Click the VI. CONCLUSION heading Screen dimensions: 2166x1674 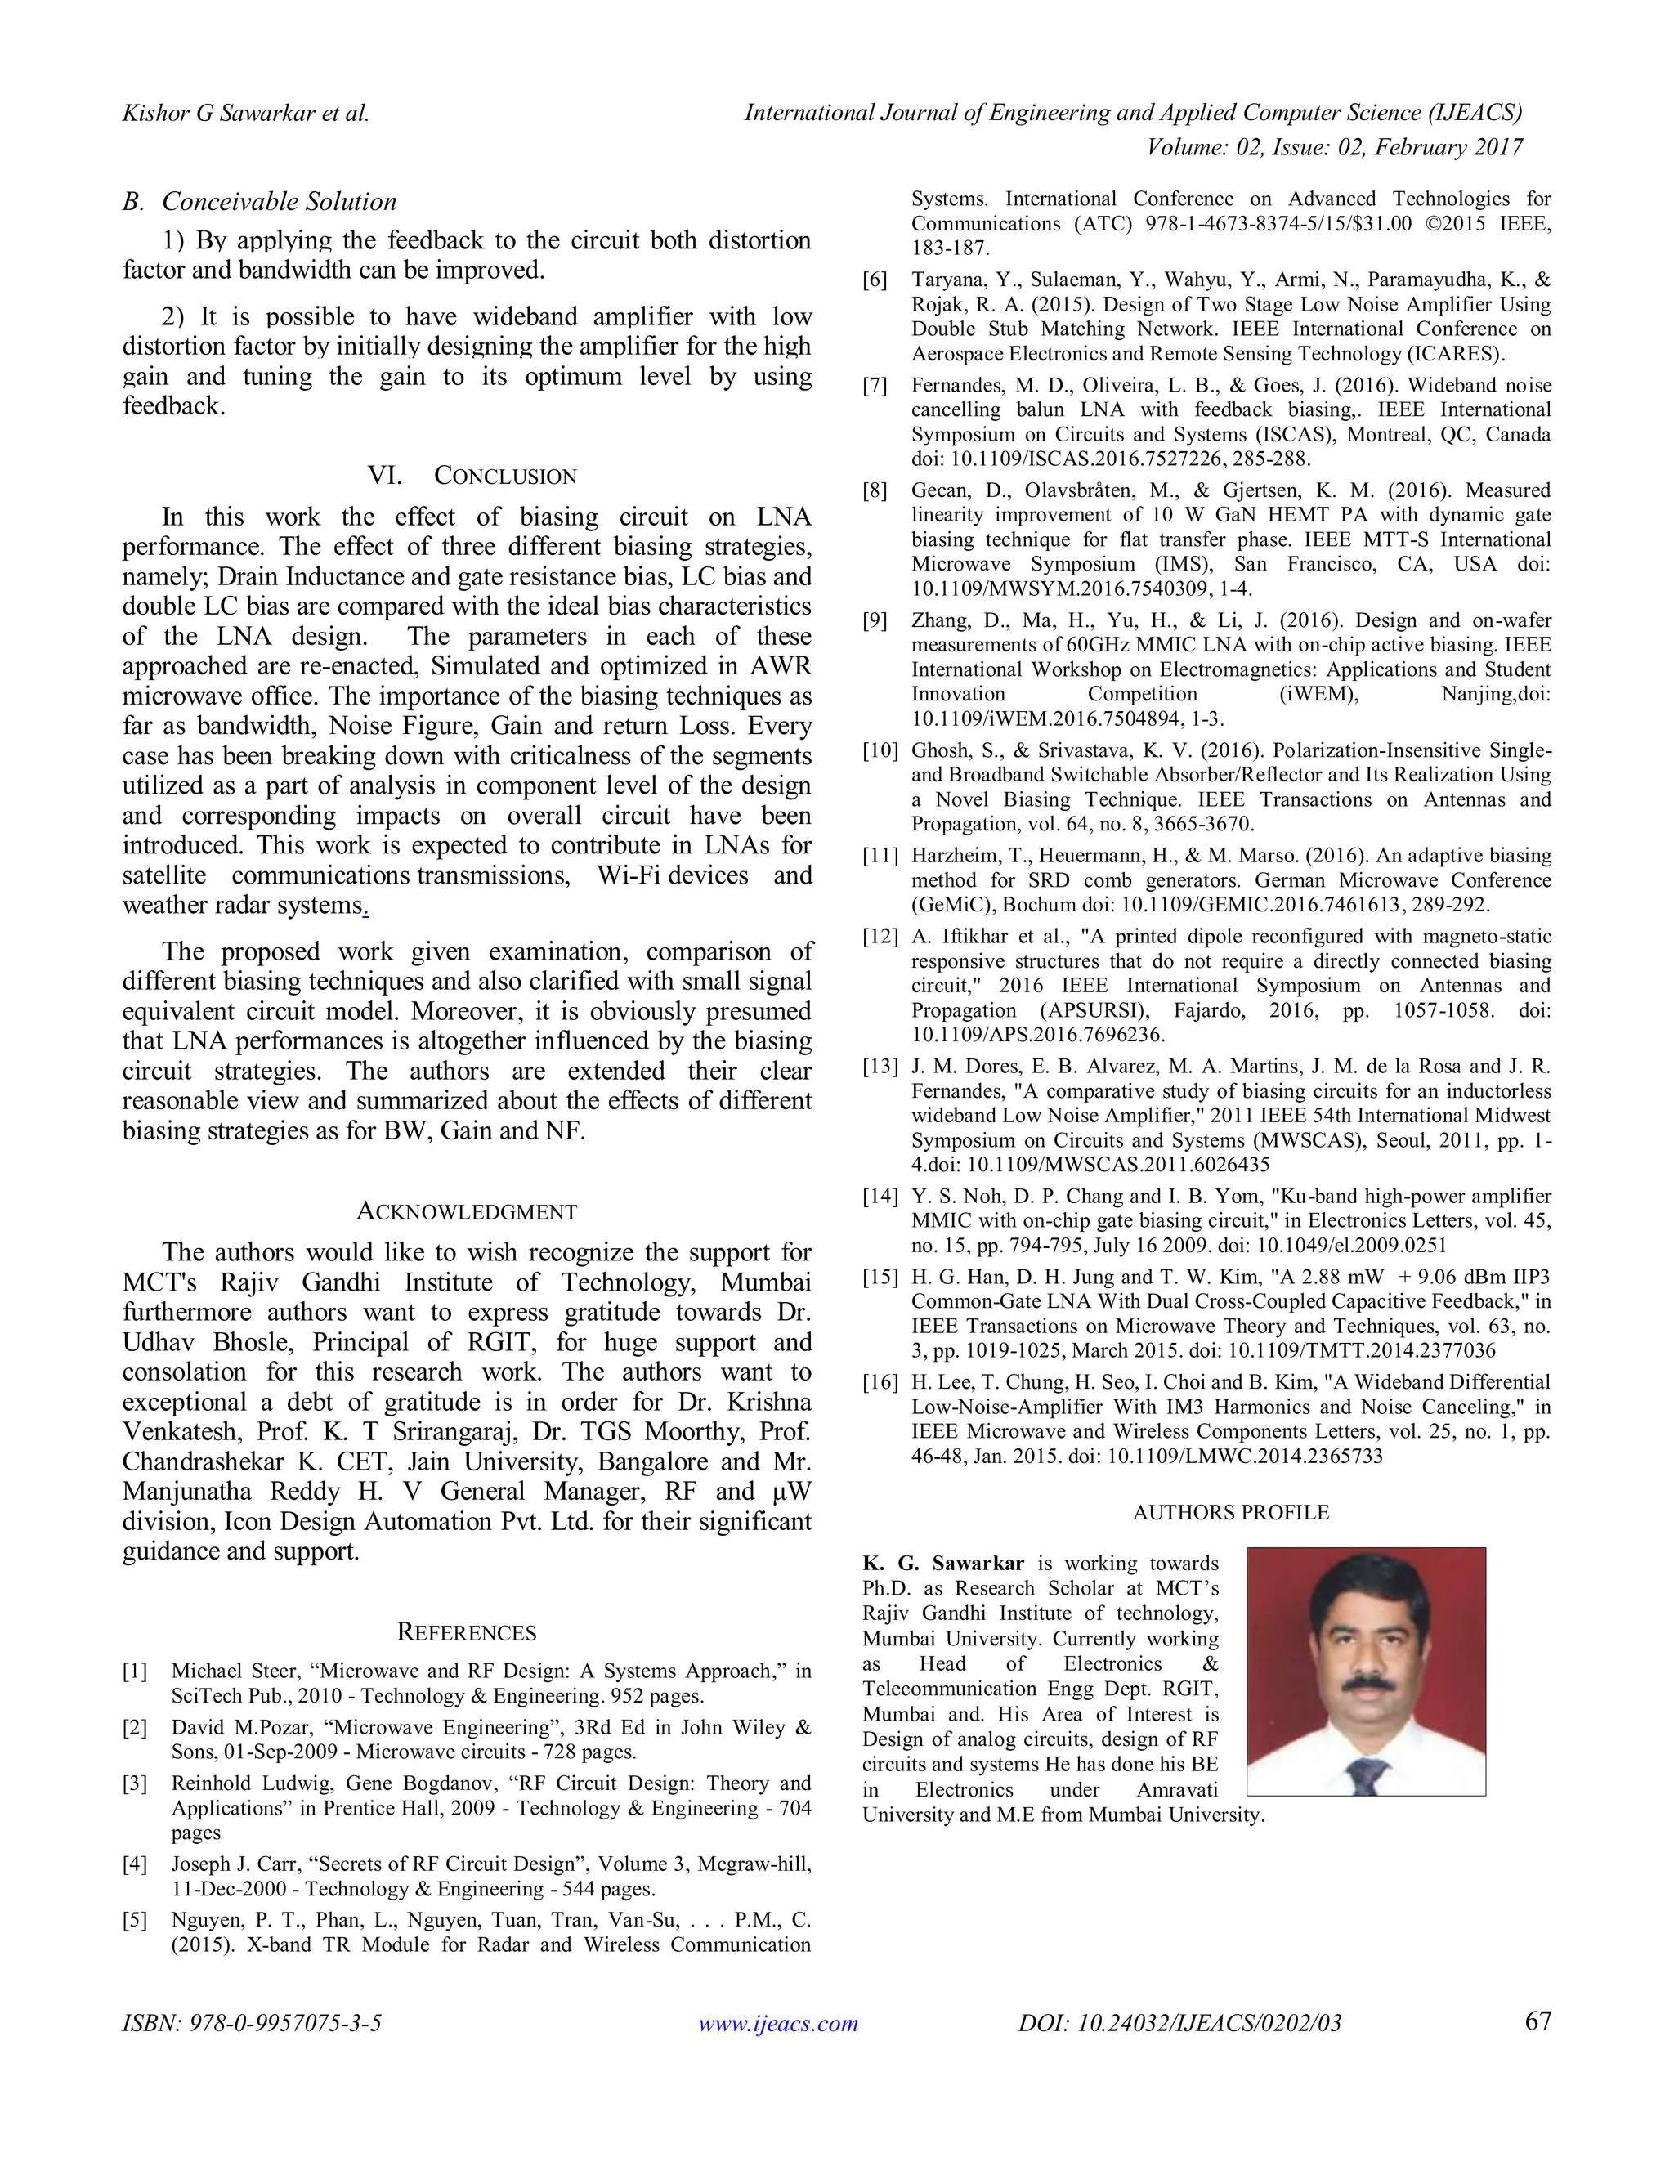472,476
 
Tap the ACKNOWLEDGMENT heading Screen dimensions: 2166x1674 466,1212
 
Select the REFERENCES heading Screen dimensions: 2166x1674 466,1632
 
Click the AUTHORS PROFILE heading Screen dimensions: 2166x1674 1231,1512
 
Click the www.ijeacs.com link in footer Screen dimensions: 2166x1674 777,2023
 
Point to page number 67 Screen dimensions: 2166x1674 1537,2021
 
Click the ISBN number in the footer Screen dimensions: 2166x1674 252,2023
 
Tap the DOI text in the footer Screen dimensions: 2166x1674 1179,2023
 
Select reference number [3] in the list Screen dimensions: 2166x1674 135,1784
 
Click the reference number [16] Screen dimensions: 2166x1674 880,1382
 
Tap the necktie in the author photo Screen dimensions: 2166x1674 1368,1774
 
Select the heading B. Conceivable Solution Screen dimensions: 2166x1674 260,203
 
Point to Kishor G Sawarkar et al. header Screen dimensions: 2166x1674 245,113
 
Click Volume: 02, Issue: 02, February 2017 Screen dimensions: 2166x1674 1334,148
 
